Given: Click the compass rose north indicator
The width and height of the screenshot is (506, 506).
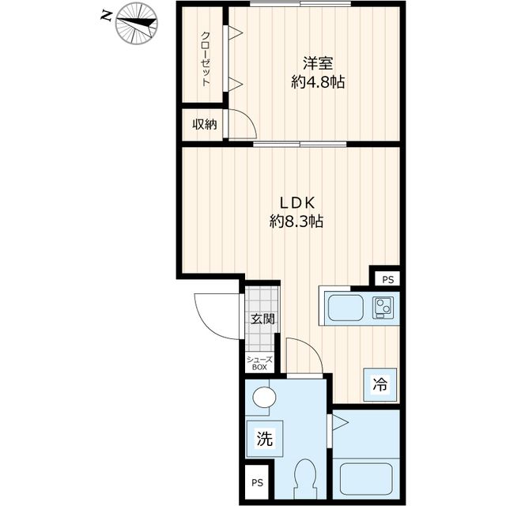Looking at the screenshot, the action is [x=137, y=23].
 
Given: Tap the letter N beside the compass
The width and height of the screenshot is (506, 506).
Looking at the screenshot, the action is [x=107, y=15].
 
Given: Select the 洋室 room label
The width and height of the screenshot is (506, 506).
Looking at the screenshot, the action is [x=318, y=63].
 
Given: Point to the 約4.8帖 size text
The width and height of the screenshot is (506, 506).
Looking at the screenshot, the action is [x=318, y=82].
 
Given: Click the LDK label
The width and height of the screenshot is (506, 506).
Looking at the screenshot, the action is [x=297, y=203].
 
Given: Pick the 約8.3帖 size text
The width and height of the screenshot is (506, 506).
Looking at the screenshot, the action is [x=296, y=221].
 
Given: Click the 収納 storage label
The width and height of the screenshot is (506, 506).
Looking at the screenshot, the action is [x=205, y=125].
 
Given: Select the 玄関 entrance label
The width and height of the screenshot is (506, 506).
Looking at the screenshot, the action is [x=263, y=319].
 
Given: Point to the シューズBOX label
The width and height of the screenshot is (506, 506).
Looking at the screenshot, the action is [x=259, y=364].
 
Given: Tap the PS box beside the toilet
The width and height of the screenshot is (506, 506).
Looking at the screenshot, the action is [x=257, y=483].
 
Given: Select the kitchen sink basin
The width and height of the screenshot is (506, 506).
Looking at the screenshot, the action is [x=346, y=308].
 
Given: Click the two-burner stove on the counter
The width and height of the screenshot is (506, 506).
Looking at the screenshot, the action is [x=383, y=308].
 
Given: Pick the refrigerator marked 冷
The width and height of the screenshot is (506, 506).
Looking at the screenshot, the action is [x=380, y=384].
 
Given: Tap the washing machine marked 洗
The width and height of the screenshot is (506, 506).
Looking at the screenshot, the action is [x=264, y=439].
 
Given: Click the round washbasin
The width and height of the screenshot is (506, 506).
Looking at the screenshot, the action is [x=264, y=398].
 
